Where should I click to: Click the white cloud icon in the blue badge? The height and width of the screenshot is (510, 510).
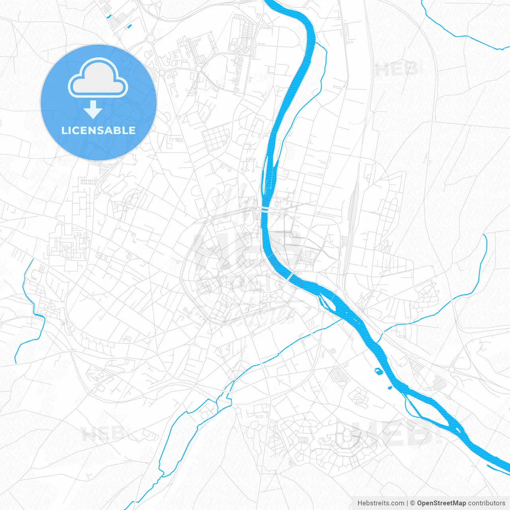tap(98, 78)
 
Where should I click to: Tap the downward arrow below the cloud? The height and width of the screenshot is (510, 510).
tap(93, 109)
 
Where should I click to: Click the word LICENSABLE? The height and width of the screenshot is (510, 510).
tap(98, 130)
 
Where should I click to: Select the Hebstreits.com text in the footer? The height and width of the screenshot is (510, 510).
tap(381, 503)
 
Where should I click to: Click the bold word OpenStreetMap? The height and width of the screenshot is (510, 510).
tap(441, 503)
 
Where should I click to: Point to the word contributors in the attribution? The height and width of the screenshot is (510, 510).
tap(486, 503)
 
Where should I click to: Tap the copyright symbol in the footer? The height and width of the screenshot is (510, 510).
tap(413, 503)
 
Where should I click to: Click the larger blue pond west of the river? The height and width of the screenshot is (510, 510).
tap(378, 371)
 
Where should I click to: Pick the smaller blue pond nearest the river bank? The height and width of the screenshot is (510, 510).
tap(390, 387)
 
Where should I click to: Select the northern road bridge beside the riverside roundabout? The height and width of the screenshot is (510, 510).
tap(265, 209)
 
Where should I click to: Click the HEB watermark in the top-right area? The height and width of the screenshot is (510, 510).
tap(397, 69)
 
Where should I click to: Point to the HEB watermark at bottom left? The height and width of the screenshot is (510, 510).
tap(103, 433)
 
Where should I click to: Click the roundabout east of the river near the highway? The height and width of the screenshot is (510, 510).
tap(451, 370)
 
